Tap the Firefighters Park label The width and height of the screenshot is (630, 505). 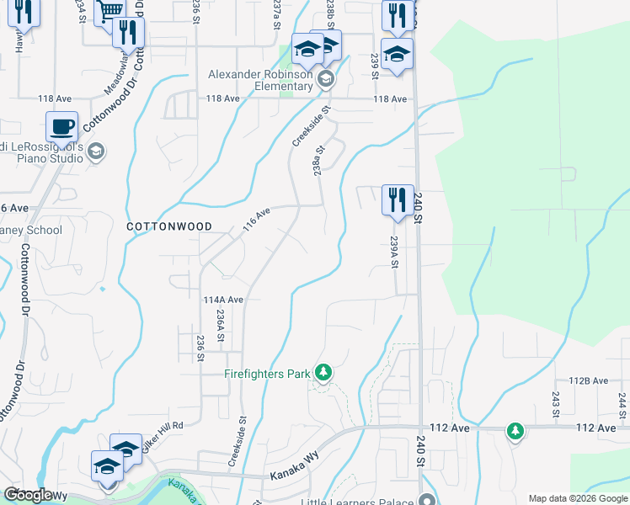(x=267, y=374)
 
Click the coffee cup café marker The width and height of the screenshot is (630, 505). (x=62, y=127)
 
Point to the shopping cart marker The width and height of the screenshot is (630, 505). (x=109, y=13)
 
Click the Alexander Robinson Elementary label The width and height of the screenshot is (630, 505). (x=261, y=81)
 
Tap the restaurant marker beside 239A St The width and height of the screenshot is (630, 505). (x=398, y=200)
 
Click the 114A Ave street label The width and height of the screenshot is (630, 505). (x=223, y=300)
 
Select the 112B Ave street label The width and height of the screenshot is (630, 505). (x=589, y=380)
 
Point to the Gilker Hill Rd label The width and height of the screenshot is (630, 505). (x=163, y=436)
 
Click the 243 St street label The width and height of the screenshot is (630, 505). (x=556, y=404)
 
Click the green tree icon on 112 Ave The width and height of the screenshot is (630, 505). (x=515, y=432)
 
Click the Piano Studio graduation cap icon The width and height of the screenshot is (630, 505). (x=95, y=151)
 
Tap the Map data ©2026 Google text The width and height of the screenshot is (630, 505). (x=577, y=498)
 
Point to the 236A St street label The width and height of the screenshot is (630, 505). (x=220, y=325)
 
